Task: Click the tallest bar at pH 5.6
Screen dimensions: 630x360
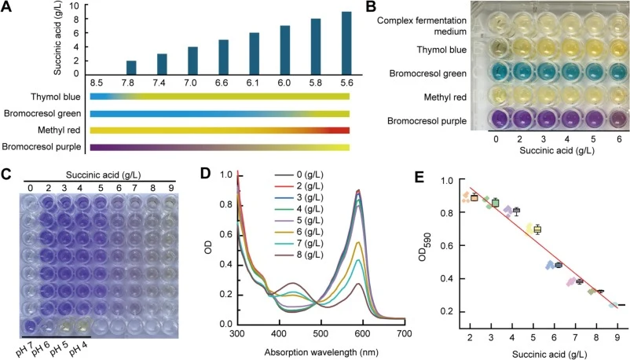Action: coord(346,43)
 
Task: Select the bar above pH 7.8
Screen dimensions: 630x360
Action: coord(131,68)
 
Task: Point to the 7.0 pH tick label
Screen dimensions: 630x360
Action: coord(190,83)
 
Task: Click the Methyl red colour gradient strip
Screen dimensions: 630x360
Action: coord(220,130)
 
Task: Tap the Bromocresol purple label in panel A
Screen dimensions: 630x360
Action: coord(42,147)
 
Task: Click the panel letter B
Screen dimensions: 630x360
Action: coord(371,6)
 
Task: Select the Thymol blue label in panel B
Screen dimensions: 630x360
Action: coord(441,50)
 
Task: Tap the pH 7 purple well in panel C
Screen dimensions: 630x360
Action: coord(30,326)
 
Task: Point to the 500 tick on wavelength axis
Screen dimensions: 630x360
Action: coord(320,334)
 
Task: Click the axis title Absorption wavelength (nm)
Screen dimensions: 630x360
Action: coord(321,352)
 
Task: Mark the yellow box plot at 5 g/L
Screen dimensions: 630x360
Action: coord(537,230)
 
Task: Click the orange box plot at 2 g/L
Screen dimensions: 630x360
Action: coord(474,197)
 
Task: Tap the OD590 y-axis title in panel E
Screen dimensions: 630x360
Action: coord(423,247)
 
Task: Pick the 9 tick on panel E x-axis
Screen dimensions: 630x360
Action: coord(617,338)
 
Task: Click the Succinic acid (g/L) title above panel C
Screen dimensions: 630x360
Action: coord(103,175)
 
